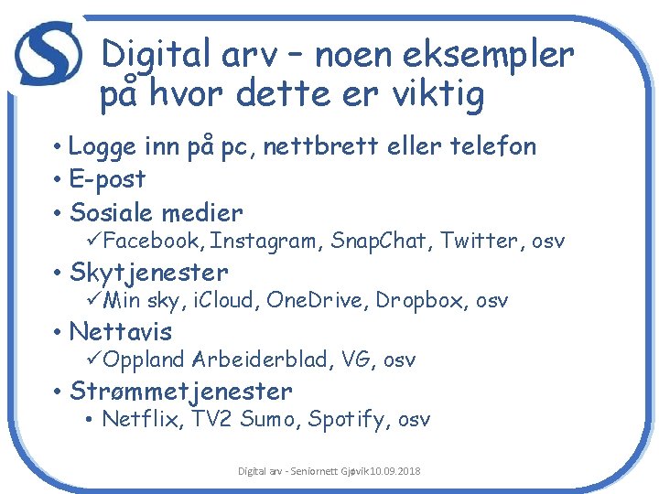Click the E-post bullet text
point(107,179)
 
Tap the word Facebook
point(155,242)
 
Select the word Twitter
point(476,242)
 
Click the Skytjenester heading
point(148,273)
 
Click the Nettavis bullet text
point(121,331)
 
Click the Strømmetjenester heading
point(180,392)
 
